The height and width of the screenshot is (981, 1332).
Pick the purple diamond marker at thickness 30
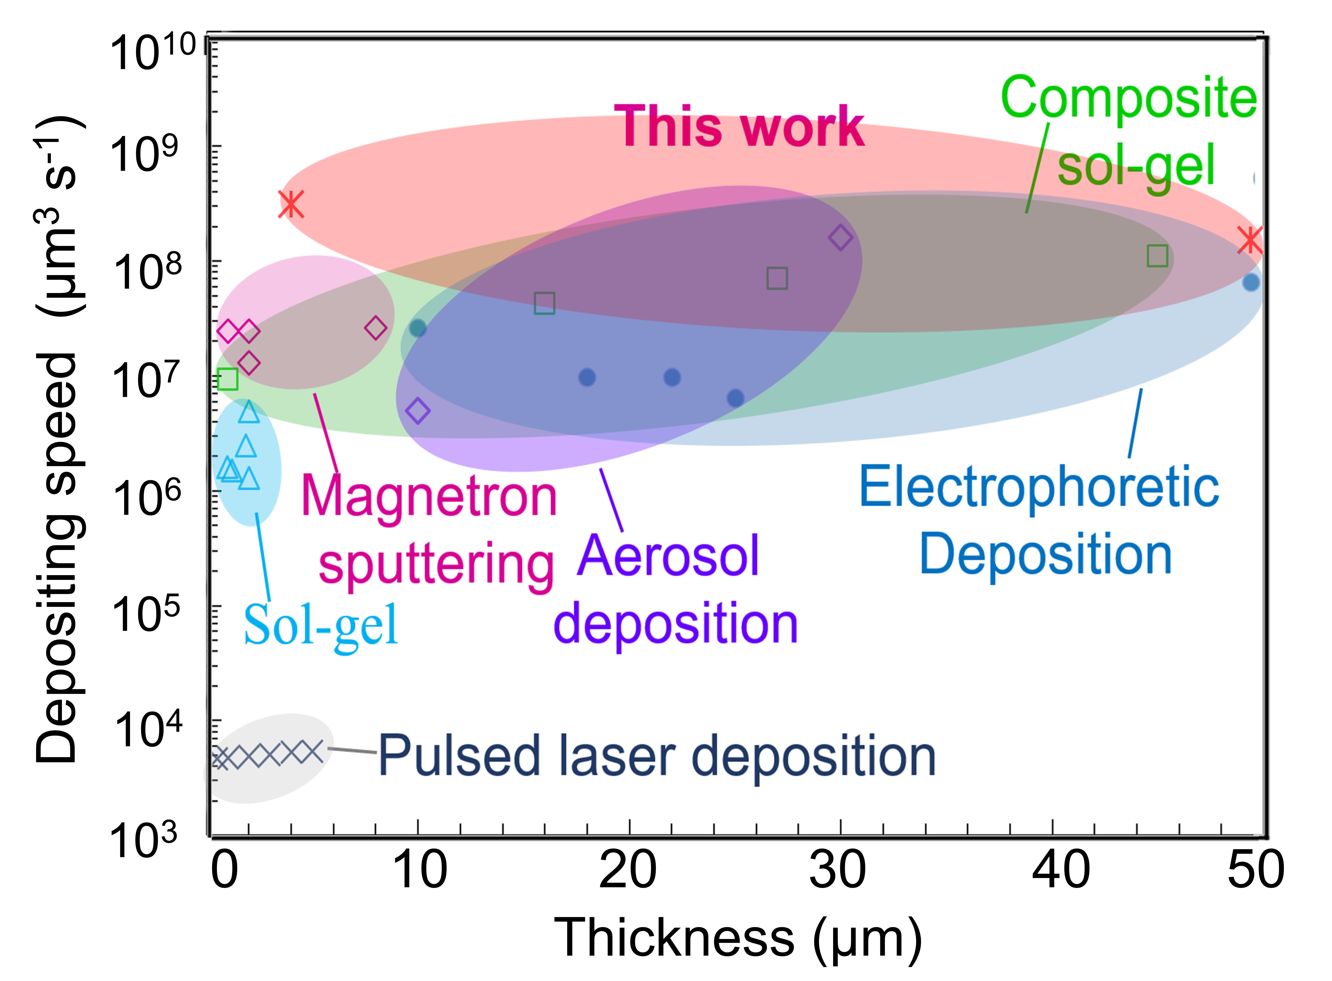click(840, 237)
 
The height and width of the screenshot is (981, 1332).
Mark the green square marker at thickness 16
click(544, 303)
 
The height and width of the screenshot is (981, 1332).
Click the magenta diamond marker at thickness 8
click(375, 328)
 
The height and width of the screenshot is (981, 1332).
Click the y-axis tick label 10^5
click(146, 615)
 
